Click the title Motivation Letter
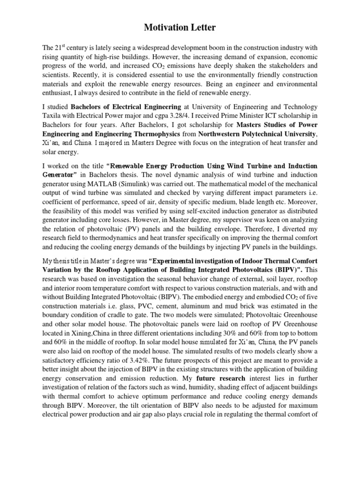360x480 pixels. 180,28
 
